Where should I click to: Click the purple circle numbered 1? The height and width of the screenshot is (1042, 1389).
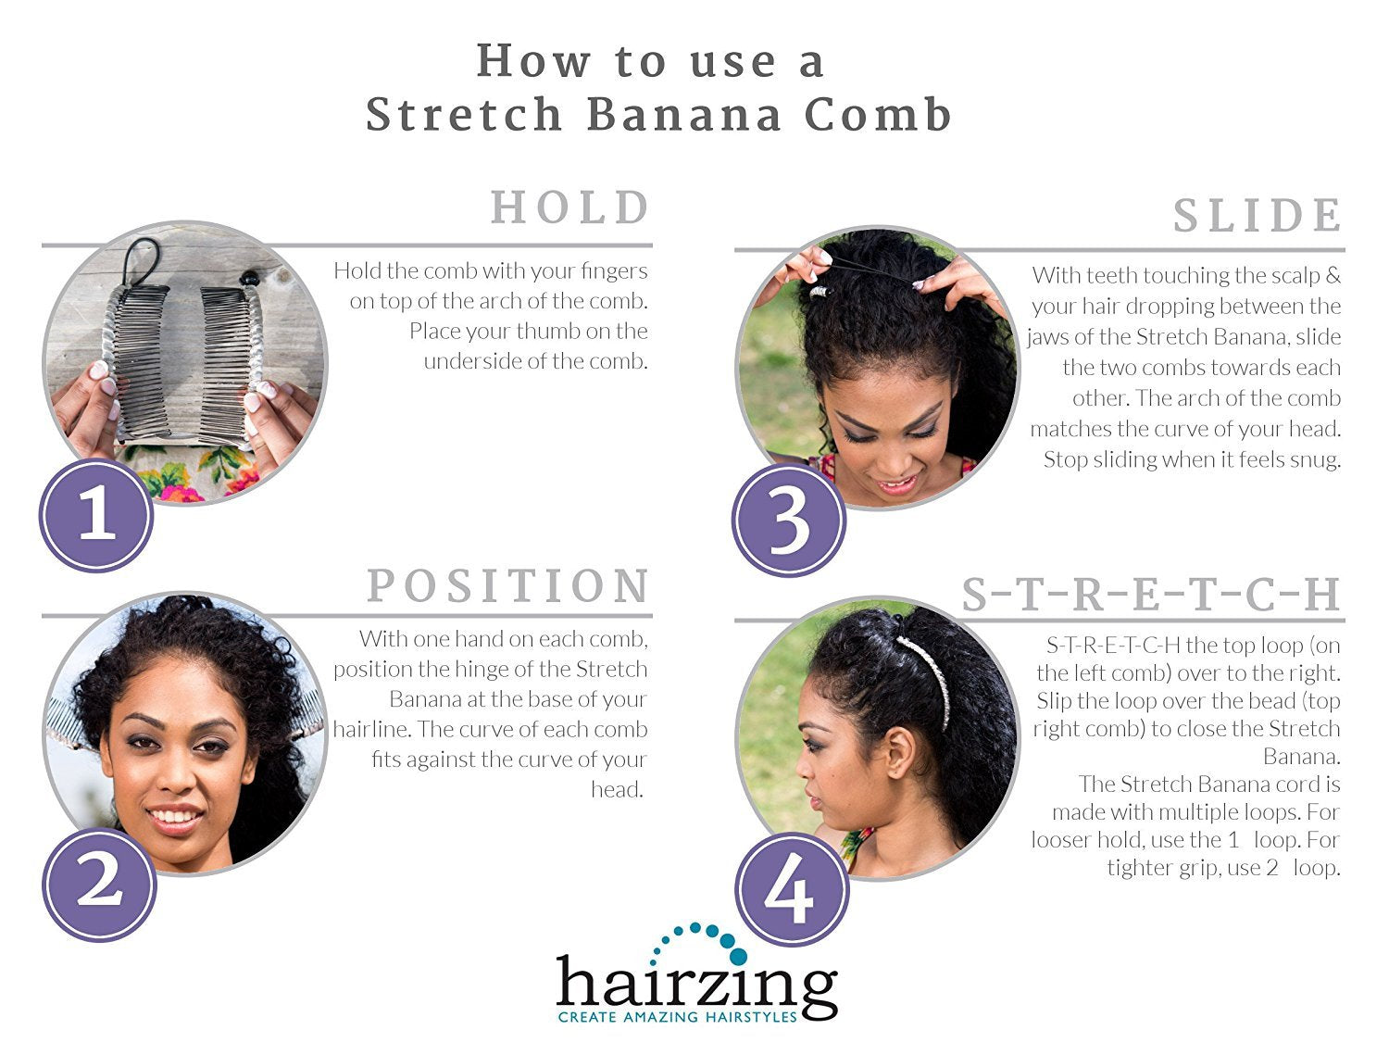click(96, 515)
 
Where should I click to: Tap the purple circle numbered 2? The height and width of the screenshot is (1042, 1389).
click(99, 885)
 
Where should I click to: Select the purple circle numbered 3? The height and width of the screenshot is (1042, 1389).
click(789, 520)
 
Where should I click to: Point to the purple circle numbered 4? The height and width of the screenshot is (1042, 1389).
click(792, 889)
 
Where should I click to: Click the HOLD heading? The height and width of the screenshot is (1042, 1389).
click(570, 207)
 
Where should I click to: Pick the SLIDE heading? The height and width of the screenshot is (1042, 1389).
click(1257, 215)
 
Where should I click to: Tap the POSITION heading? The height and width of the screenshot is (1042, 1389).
click(508, 585)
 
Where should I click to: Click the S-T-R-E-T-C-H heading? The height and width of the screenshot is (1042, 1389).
click(1150, 595)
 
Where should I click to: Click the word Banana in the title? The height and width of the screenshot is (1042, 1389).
click(684, 115)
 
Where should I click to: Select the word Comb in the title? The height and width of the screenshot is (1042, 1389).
click(878, 115)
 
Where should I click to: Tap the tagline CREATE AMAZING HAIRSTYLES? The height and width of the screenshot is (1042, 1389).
click(677, 1017)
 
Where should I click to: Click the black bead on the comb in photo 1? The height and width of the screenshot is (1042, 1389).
click(249, 279)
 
